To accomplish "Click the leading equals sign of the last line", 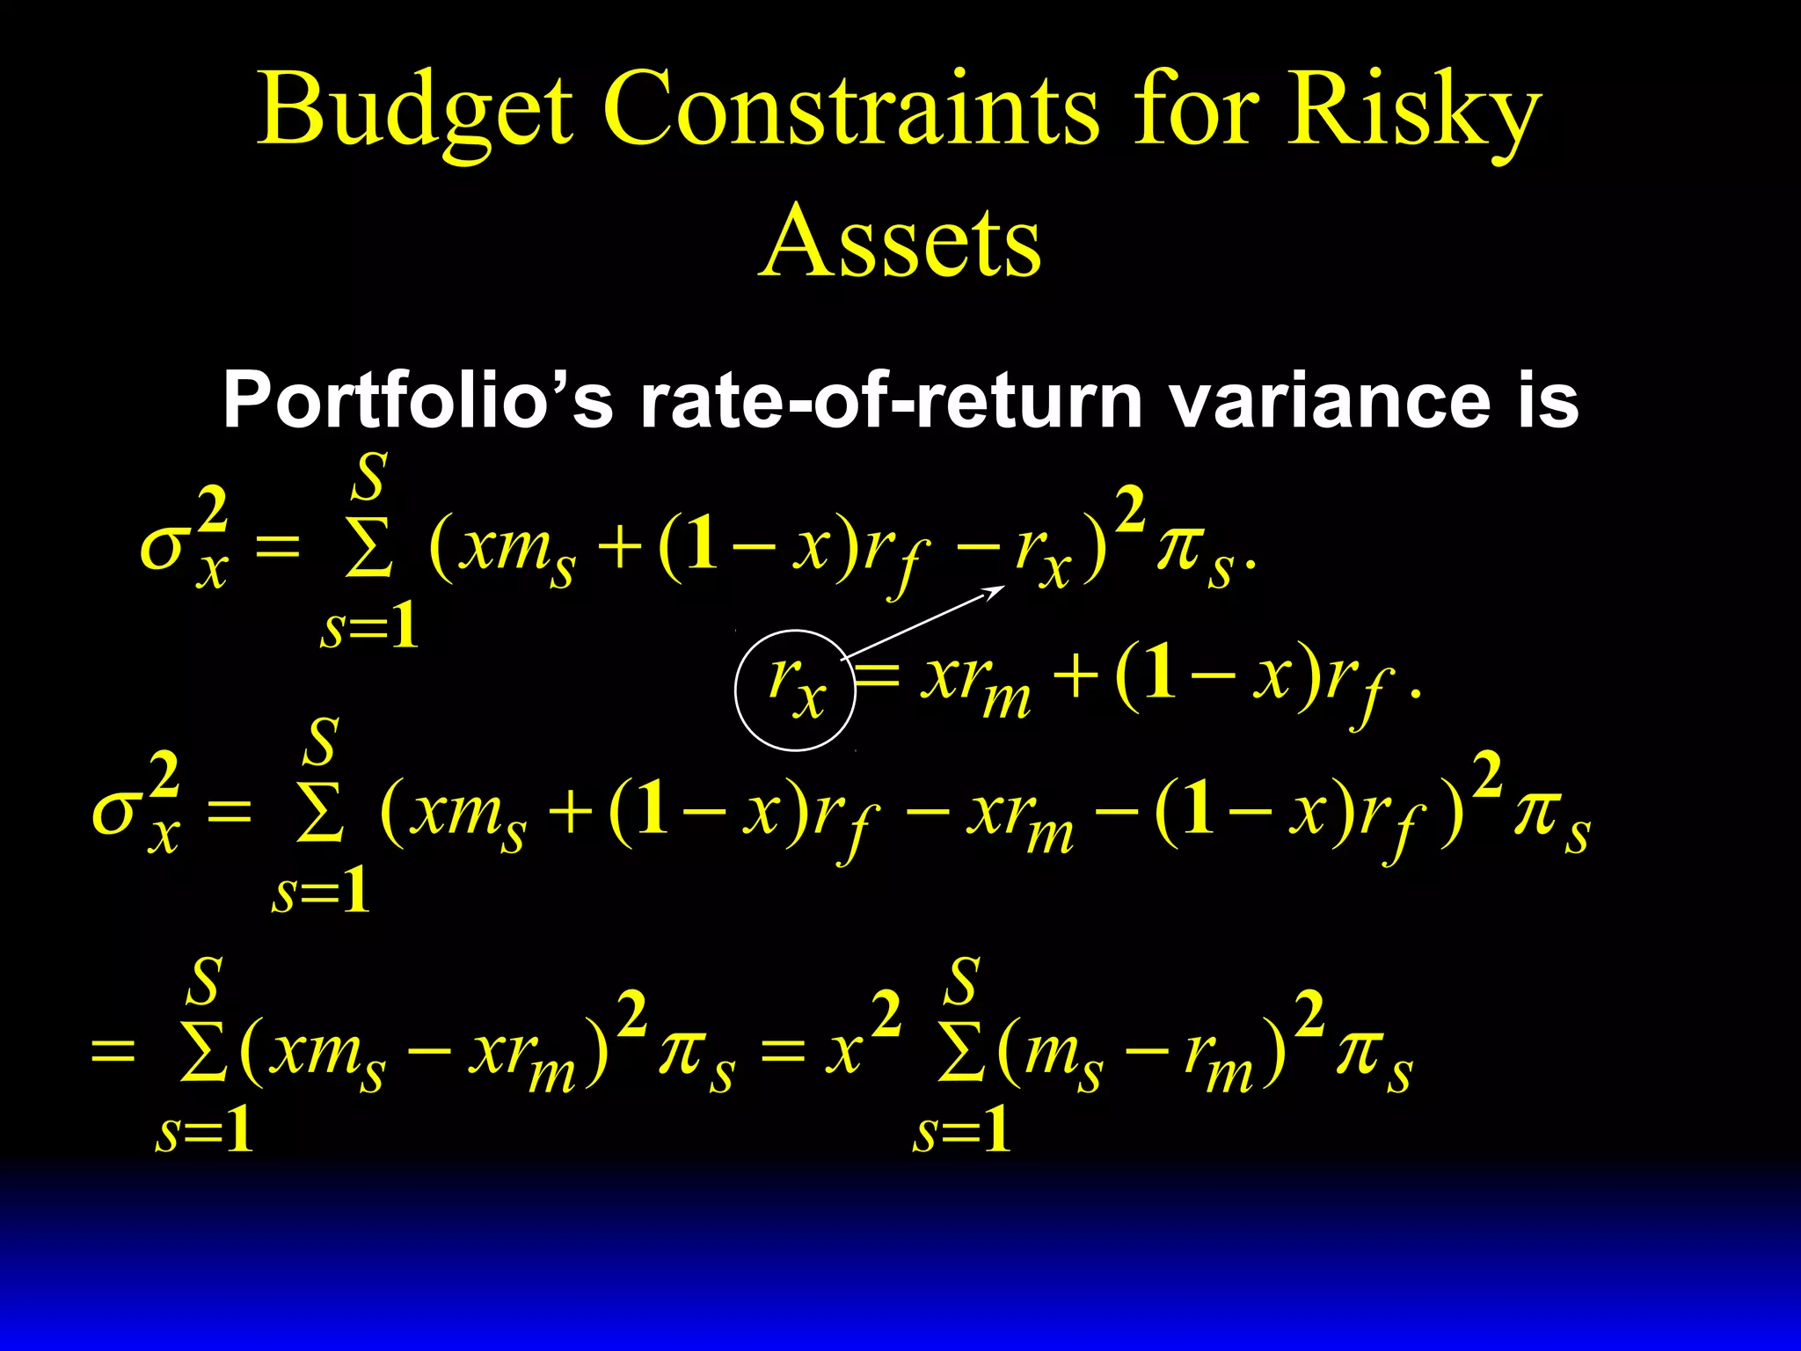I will click(113, 1050).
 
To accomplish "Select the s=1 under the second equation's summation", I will click(322, 892).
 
